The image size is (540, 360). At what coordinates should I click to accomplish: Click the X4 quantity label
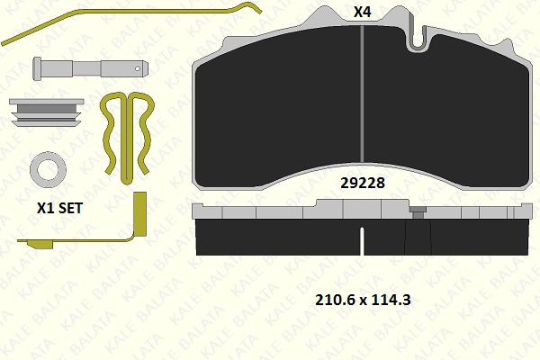click(x=363, y=13)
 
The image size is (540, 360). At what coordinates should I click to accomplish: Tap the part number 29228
click(x=363, y=183)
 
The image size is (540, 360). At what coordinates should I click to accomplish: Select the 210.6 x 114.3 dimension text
click(x=363, y=300)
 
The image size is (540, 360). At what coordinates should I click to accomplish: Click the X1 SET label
click(x=60, y=208)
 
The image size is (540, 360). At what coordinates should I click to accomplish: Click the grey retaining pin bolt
click(x=91, y=68)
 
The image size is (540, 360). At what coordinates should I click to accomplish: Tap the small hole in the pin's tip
click(x=138, y=68)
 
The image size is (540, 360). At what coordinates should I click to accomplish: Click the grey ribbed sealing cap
click(x=47, y=112)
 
